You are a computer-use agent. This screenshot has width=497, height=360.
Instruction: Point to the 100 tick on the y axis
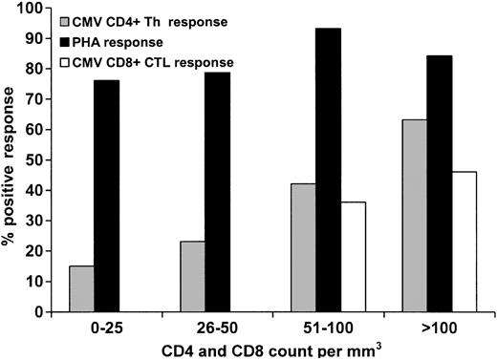[35, 9]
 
